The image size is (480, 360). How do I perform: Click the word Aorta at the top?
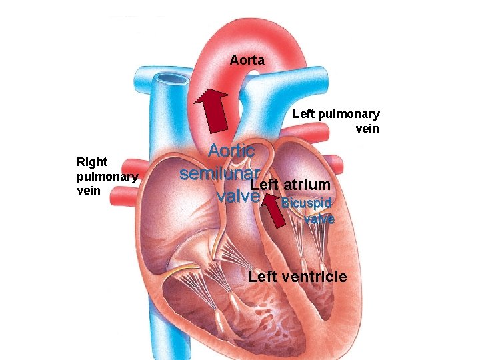click(x=247, y=61)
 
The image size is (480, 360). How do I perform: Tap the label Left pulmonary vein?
click(x=336, y=121)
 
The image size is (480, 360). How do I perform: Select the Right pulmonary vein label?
click(x=107, y=176)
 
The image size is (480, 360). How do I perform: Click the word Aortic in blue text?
click(x=231, y=151)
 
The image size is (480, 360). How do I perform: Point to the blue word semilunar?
click(x=219, y=173)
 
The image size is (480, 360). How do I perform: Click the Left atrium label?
click(x=290, y=184)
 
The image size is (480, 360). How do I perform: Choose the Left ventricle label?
click(x=297, y=277)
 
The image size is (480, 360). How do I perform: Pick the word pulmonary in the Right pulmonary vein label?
click(x=107, y=177)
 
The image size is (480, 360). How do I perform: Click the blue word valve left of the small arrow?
click(x=238, y=196)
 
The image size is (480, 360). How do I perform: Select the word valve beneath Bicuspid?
click(x=319, y=218)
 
